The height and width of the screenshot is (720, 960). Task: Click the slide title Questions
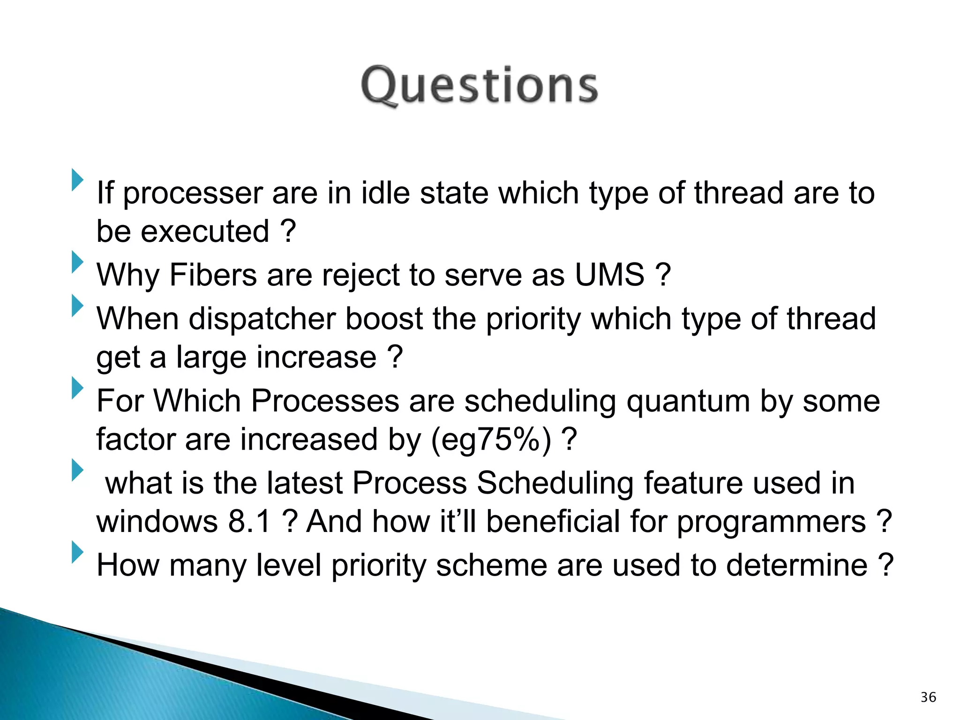click(x=479, y=85)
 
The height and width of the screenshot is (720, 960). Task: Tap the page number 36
click(x=928, y=697)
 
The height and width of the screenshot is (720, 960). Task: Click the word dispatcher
click(x=262, y=319)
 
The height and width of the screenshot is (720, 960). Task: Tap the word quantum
click(x=689, y=402)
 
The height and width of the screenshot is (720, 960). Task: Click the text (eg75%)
click(x=491, y=440)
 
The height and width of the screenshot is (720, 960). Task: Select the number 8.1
click(x=250, y=521)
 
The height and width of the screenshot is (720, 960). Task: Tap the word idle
click(x=385, y=193)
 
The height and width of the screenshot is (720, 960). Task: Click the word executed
click(x=205, y=232)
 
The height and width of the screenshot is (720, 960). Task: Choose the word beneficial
click(x=553, y=521)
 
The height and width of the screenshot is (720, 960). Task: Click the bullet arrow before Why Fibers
click(x=77, y=262)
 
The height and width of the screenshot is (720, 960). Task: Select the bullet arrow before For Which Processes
click(x=77, y=388)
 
